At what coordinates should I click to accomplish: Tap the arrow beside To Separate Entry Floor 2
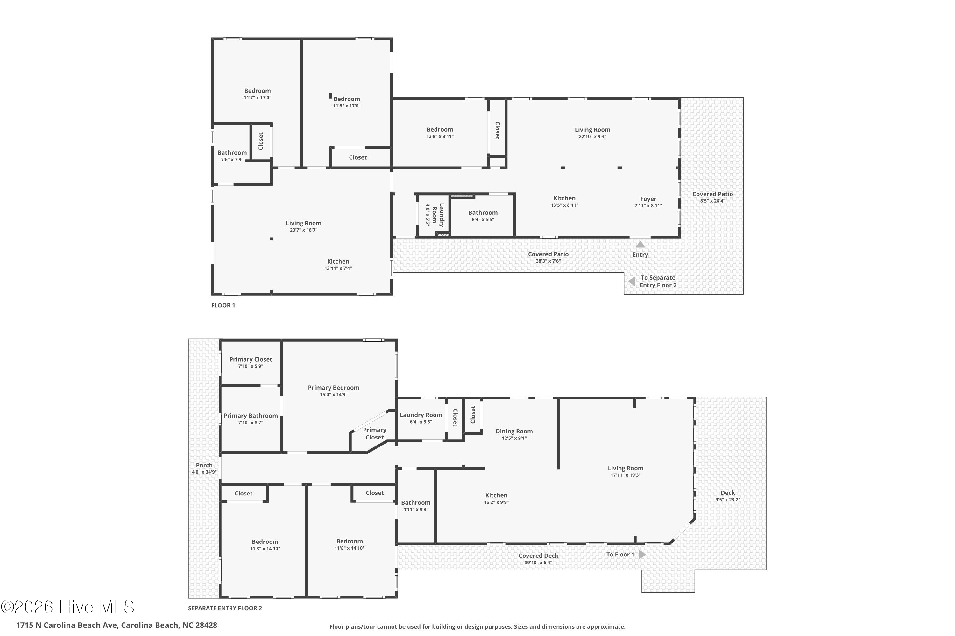[x=631, y=281]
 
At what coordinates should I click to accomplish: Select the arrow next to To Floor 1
[x=642, y=555]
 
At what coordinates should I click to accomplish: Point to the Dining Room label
[x=514, y=431]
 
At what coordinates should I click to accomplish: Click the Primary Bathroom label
[x=251, y=416]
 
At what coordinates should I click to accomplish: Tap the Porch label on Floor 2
[x=204, y=465]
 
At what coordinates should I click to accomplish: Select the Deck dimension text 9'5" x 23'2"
[x=728, y=500]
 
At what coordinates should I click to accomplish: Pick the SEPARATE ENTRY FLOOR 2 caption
[x=225, y=608]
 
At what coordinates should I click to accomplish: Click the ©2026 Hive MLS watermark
[x=67, y=607]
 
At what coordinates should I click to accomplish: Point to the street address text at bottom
[x=117, y=625]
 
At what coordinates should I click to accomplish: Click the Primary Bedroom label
[x=333, y=388]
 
